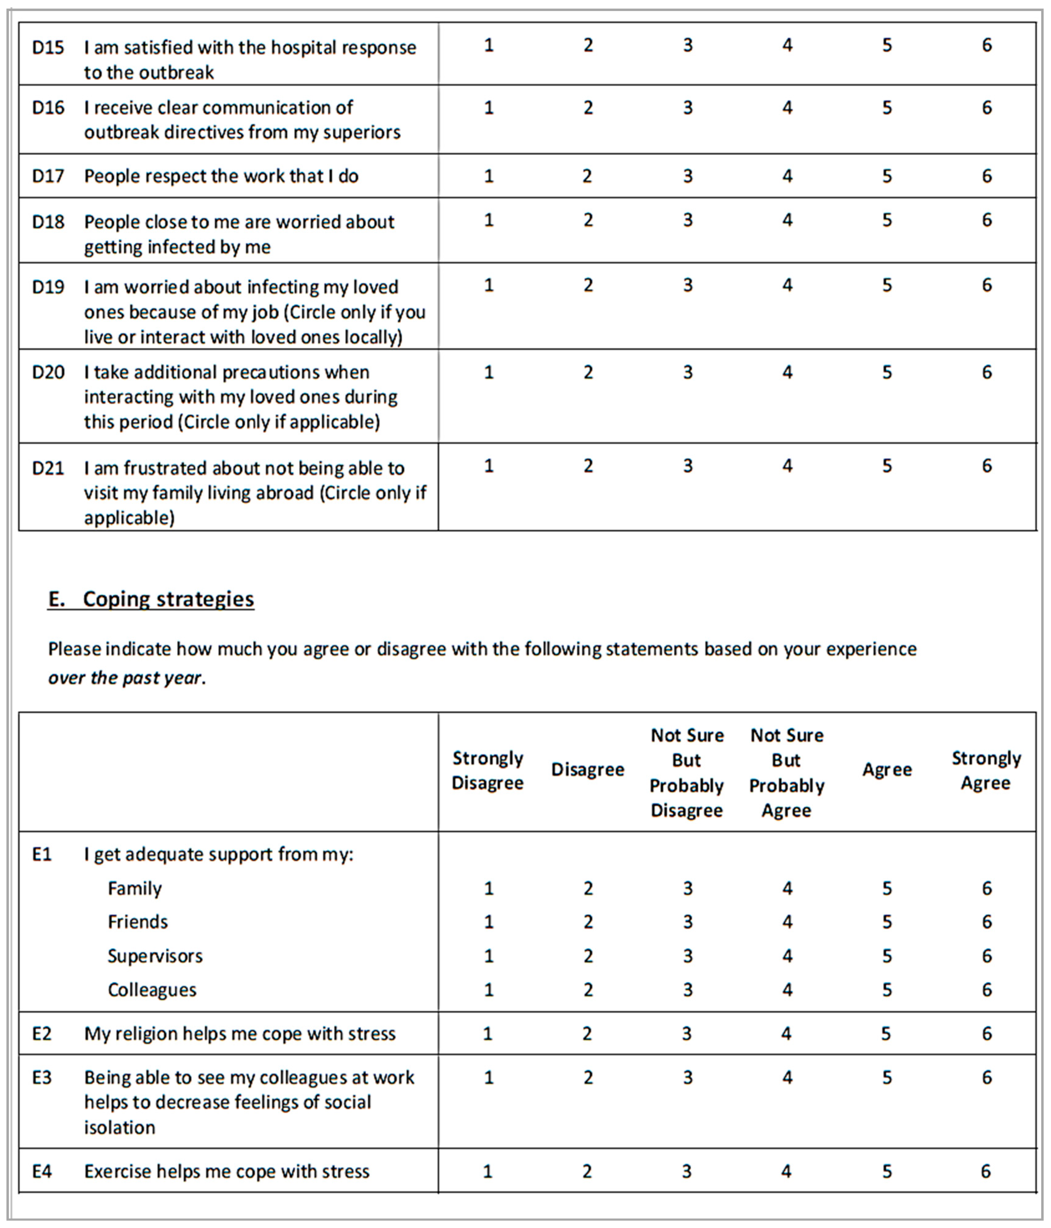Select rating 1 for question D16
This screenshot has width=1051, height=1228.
489,107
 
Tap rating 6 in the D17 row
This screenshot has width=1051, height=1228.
986,175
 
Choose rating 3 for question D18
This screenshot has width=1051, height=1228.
688,220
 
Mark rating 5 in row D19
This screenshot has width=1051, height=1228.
887,285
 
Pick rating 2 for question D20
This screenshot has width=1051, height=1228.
588,372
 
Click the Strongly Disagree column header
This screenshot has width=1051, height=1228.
488,771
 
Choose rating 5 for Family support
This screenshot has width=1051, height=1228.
887,888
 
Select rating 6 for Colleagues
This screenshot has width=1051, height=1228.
986,990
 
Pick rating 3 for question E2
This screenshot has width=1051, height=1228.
686,1034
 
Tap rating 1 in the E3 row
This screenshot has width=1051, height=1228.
489,1077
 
